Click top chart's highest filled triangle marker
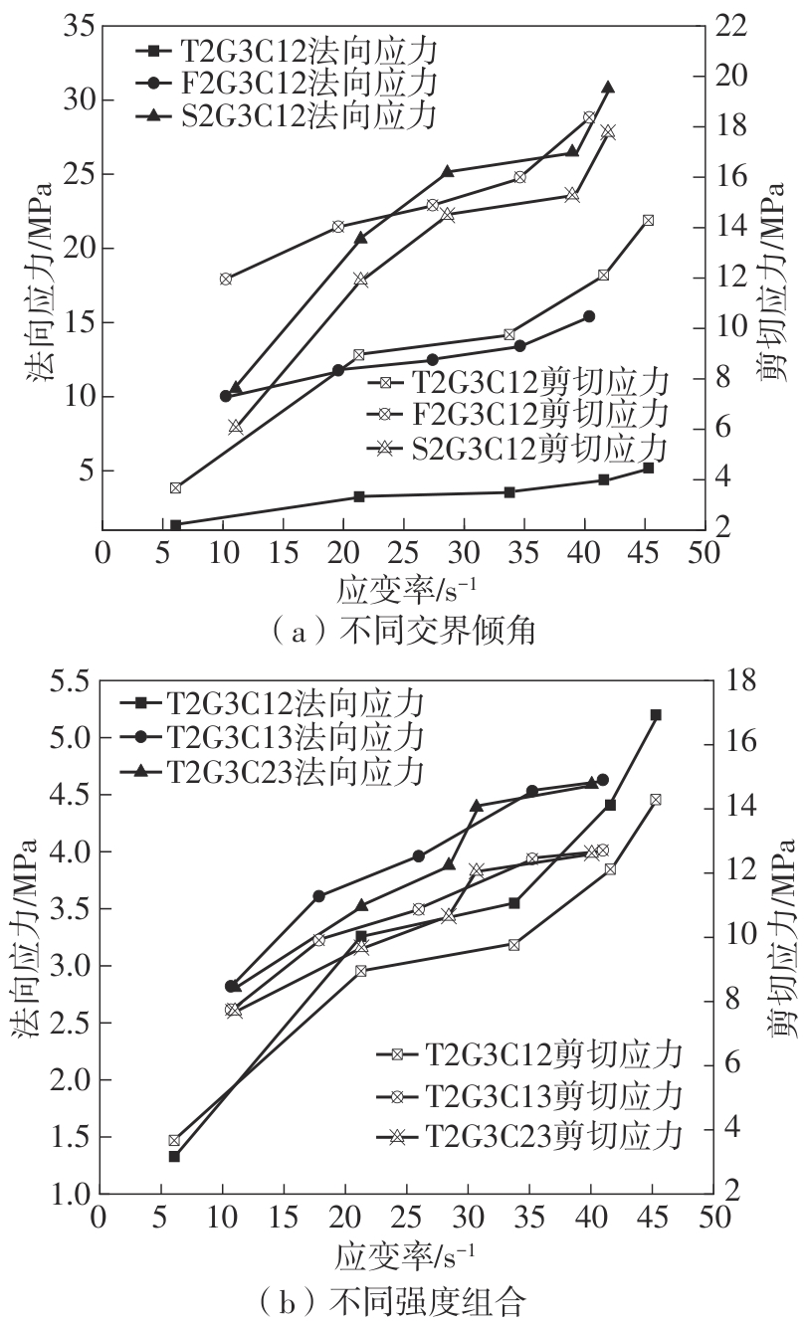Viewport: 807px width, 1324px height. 608,88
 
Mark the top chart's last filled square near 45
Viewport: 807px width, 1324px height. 648,468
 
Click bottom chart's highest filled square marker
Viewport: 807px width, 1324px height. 655,714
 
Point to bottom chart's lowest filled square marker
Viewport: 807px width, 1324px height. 174,1156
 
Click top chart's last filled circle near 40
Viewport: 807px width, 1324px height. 589,316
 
